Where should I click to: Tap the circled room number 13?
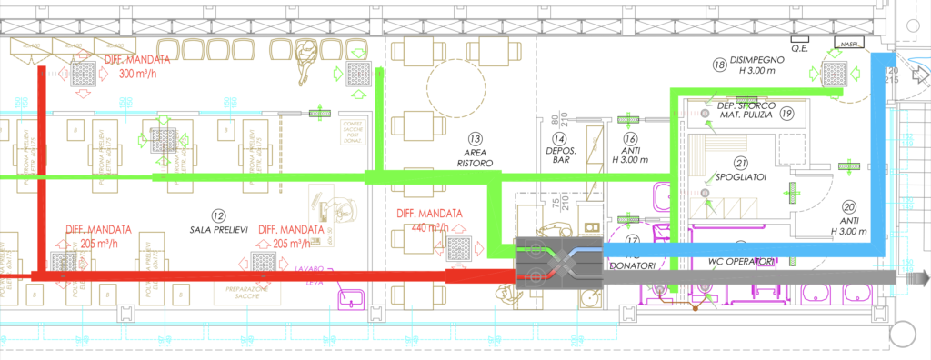click(x=475, y=137)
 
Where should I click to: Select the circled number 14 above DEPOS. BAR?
click(x=556, y=137)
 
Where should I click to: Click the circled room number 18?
click(x=719, y=65)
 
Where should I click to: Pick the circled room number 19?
click(x=786, y=114)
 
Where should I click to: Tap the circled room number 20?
click(x=848, y=206)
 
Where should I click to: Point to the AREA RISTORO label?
click(x=475, y=157)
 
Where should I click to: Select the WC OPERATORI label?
click(x=741, y=263)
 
